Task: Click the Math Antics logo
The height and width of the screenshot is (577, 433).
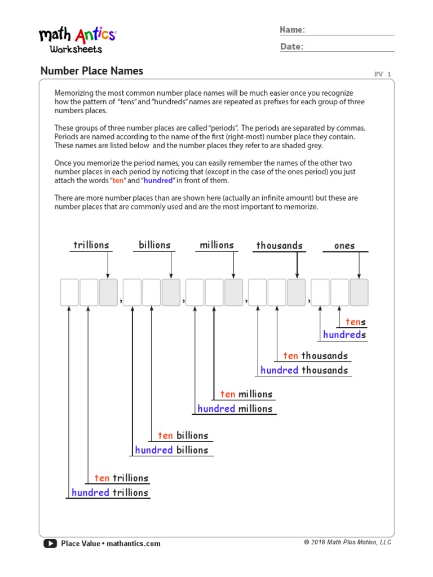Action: [x=77, y=39]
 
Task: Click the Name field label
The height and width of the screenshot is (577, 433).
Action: [x=292, y=30]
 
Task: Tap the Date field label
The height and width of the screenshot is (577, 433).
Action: [x=291, y=47]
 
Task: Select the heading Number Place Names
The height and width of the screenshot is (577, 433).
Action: [x=92, y=71]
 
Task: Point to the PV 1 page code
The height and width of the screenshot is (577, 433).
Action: [x=382, y=74]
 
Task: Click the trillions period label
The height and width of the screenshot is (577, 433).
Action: [x=91, y=245]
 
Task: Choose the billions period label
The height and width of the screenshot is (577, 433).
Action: [x=154, y=245]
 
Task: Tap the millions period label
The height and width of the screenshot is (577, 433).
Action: [x=217, y=245]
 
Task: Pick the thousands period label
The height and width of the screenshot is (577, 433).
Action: [x=280, y=246]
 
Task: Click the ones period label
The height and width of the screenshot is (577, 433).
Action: [x=344, y=246]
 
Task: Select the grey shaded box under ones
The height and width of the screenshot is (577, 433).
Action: [x=359, y=292]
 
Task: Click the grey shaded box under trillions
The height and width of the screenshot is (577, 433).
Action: [x=108, y=292]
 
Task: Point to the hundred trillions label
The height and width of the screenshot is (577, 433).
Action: [x=110, y=492]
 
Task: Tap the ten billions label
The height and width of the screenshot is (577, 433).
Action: [x=183, y=436]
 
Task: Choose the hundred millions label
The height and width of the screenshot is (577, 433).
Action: [x=235, y=409]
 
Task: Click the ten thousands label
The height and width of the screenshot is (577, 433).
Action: [x=316, y=356]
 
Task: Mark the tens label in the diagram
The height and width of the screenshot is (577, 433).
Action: [x=356, y=322]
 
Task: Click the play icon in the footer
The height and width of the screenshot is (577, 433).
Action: [x=50, y=544]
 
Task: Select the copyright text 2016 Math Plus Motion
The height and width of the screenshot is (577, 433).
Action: [x=347, y=542]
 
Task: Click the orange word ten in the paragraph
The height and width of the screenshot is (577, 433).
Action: [x=117, y=180]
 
